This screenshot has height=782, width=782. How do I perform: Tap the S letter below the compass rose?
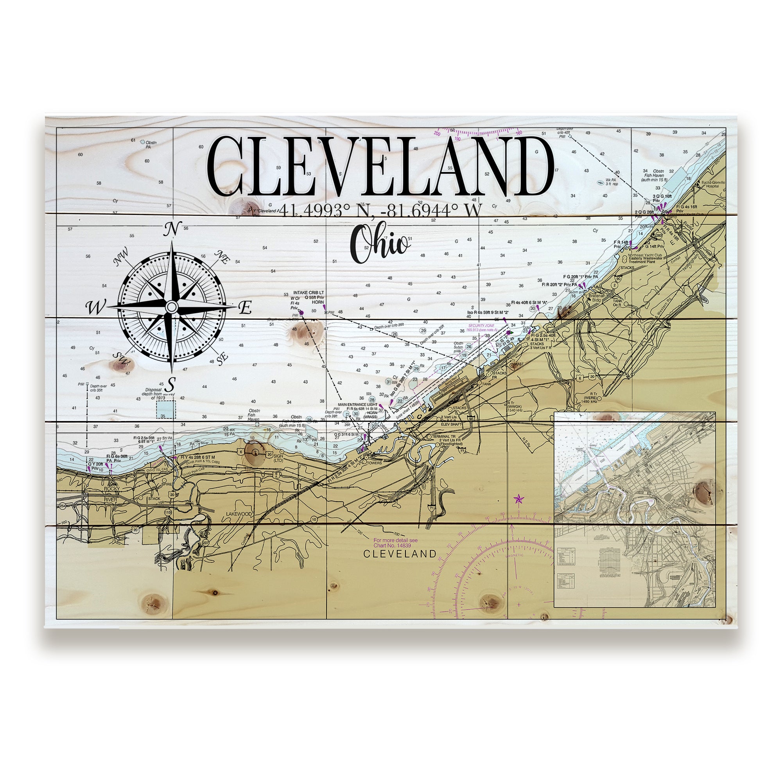pos(172,382)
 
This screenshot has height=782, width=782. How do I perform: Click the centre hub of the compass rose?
pos(172,307)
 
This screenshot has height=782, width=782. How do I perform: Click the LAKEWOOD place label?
pos(239,514)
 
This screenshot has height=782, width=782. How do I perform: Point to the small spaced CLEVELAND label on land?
pos(400,554)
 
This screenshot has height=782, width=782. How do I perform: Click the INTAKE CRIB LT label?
pos(309,292)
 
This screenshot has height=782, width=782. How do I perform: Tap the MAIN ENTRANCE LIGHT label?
pos(357,404)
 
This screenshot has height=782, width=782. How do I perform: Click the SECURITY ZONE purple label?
pos(481,326)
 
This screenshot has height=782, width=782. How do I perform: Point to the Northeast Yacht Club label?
pos(645,255)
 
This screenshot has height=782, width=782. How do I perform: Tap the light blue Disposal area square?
pos(166,410)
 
